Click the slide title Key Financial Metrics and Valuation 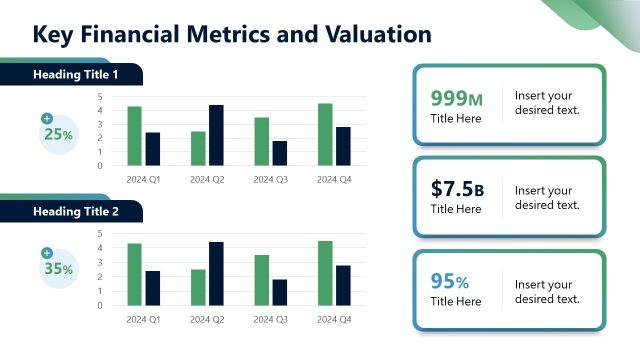click(232, 35)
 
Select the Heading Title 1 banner click(76, 75)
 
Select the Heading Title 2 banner click(76, 211)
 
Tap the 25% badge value click(58, 134)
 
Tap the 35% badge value click(58, 269)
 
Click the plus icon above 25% click(47, 119)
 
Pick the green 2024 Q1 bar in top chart click(134, 136)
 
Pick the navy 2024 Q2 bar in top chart click(216, 135)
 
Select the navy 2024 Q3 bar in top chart click(279, 153)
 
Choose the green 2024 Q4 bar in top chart click(325, 134)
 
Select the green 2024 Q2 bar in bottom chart click(198, 287)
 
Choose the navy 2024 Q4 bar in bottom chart click(343, 285)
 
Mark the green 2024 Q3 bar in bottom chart click(261, 280)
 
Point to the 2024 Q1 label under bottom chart click(143, 320)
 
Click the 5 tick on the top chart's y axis click(100, 97)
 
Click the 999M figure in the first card click(456, 98)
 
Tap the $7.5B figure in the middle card click(457, 189)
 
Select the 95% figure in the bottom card click(450, 281)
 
